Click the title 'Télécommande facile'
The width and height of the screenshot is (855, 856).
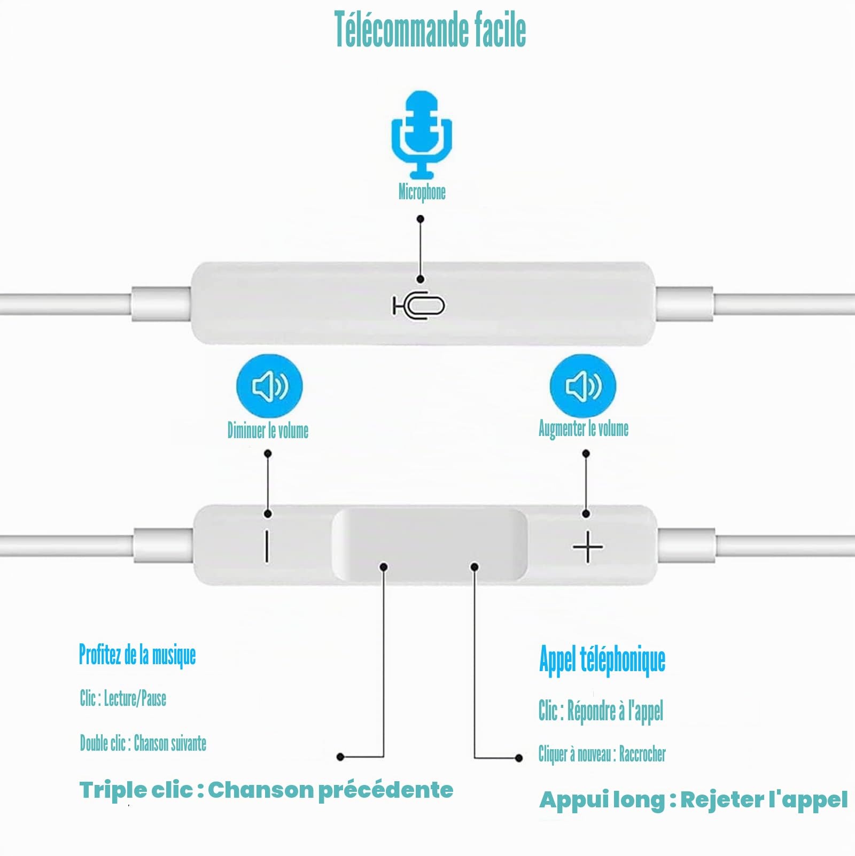point(430,29)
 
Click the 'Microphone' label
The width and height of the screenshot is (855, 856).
point(422,192)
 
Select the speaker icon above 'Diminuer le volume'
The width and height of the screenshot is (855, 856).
point(269,386)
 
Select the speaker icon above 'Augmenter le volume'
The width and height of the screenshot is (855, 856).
point(583,386)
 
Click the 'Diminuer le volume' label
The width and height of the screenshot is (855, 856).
point(268,430)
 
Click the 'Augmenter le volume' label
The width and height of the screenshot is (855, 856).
point(584,429)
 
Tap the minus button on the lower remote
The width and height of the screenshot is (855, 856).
point(267,546)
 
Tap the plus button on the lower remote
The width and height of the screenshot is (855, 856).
point(588,547)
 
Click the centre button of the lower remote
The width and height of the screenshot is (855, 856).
point(430,544)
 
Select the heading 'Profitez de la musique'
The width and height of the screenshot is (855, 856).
point(137,655)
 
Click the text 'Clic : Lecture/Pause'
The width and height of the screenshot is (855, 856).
point(123,698)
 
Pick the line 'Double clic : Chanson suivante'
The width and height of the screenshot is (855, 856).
point(143,743)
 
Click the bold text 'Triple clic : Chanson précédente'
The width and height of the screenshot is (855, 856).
point(266,790)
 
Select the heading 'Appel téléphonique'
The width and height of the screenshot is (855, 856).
point(602,660)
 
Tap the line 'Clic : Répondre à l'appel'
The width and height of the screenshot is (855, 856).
point(601,711)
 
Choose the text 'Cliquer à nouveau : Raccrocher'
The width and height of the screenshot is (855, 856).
point(602,754)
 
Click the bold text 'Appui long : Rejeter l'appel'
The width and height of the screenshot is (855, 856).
point(693,800)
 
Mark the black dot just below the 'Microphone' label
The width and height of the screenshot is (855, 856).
point(421,219)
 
